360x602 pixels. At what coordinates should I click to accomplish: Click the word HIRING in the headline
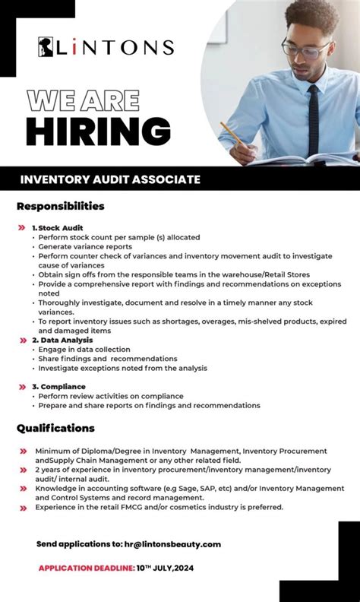(98, 131)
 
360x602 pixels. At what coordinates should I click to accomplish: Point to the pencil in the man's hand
(232, 138)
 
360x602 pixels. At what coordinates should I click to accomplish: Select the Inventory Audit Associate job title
(110, 179)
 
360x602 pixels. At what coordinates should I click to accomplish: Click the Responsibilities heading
(61, 206)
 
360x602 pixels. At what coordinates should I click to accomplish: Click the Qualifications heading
(55, 428)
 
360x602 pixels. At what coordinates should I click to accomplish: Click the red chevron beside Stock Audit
(22, 227)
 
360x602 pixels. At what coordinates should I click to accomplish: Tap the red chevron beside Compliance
(22, 387)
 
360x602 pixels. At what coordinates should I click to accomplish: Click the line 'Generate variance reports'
(85, 246)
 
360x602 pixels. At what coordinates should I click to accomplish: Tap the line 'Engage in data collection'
(84, 350)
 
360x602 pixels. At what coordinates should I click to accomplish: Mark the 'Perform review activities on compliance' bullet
(111, 396)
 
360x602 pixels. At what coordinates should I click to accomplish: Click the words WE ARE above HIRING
(84, 100)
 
